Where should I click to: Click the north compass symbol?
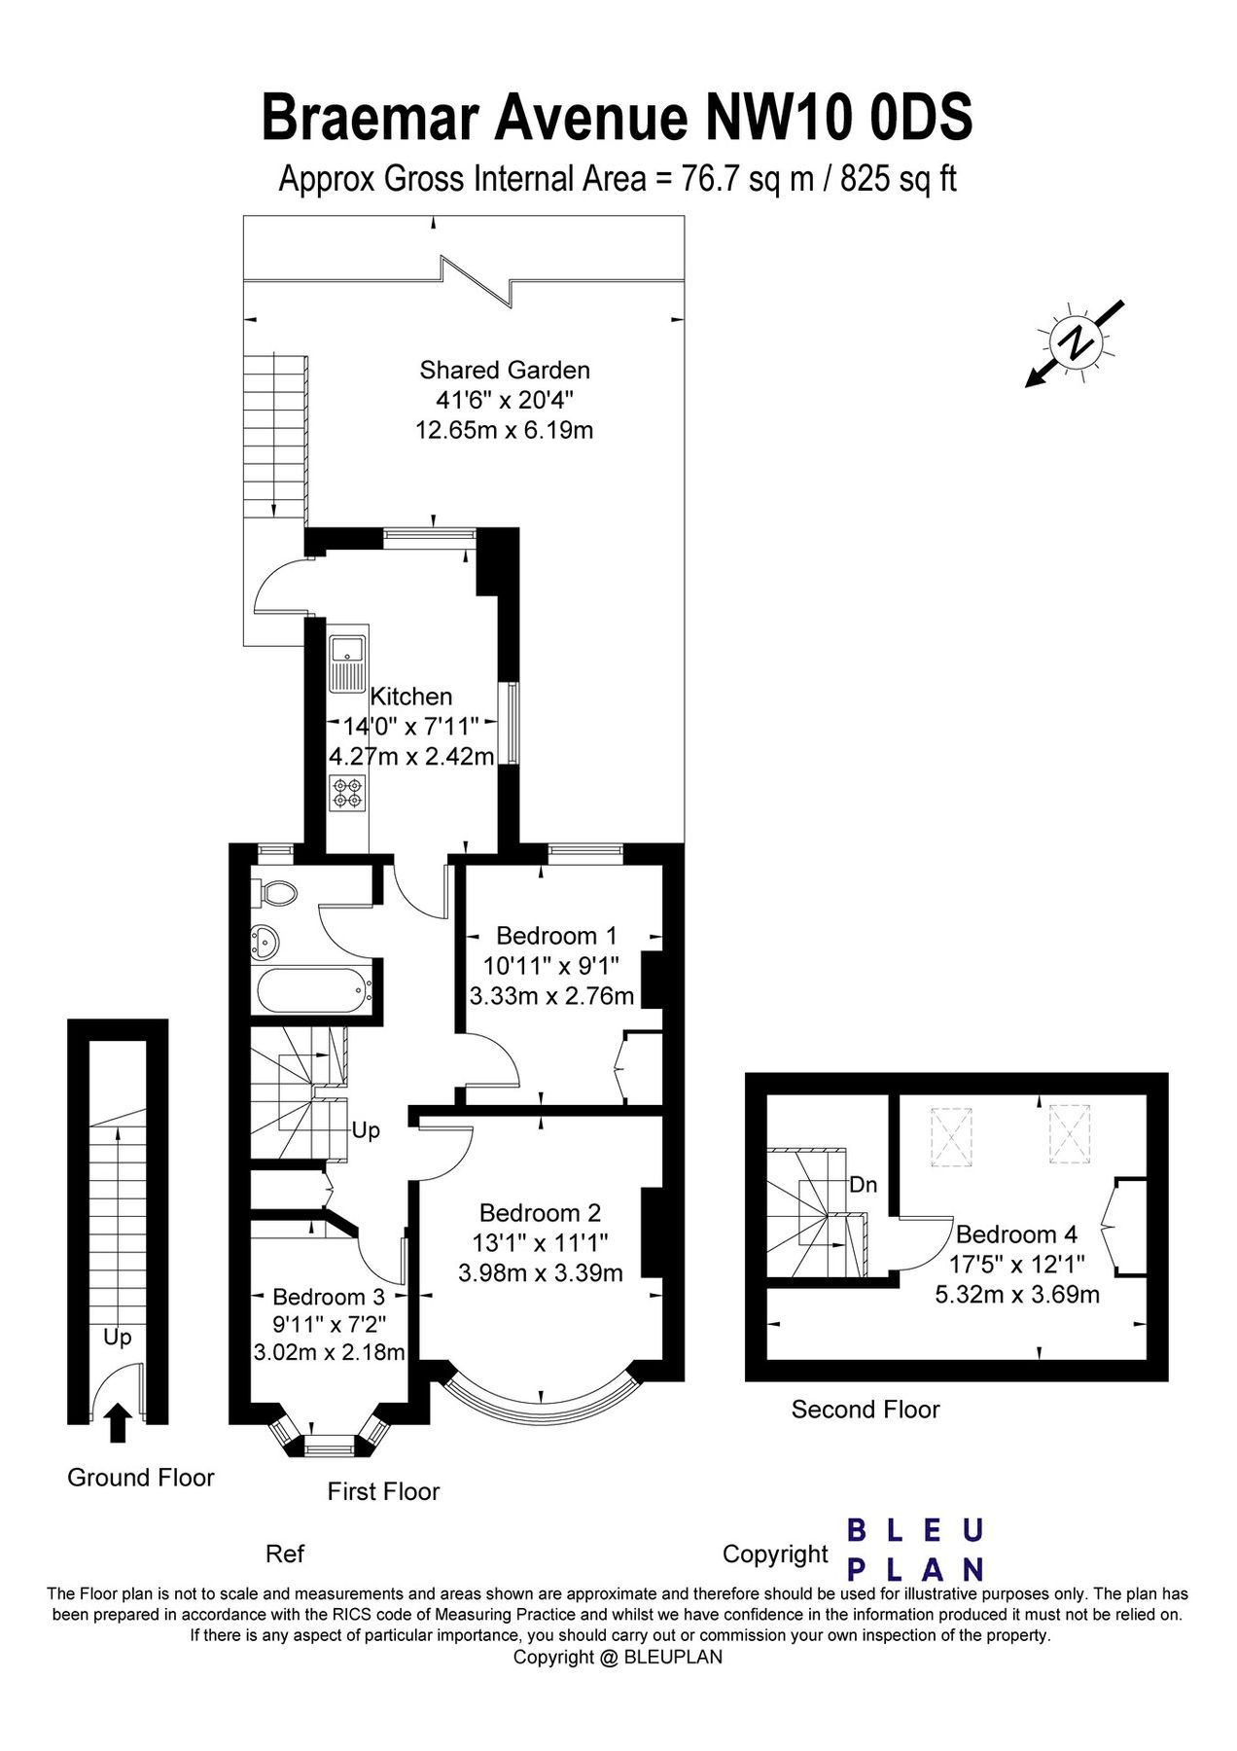[1075, 342]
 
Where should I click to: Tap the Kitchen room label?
[411, 697]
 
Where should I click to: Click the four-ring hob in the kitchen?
[345, 793]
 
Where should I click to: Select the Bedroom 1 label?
[556, 936]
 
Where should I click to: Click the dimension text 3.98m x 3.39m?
[541, 1271]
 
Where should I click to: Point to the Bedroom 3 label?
[329, 1297]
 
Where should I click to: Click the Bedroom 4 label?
[1016, 1234]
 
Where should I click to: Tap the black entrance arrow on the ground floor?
[118, 1422]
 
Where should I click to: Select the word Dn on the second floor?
[863, 1185]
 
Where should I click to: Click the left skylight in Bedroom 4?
[951, 1134]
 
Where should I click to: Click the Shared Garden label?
[505, 370]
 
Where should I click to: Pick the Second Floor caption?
[866, 1410]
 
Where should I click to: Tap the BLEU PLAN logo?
[915, 1551]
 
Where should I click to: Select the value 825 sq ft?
[899, 179]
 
